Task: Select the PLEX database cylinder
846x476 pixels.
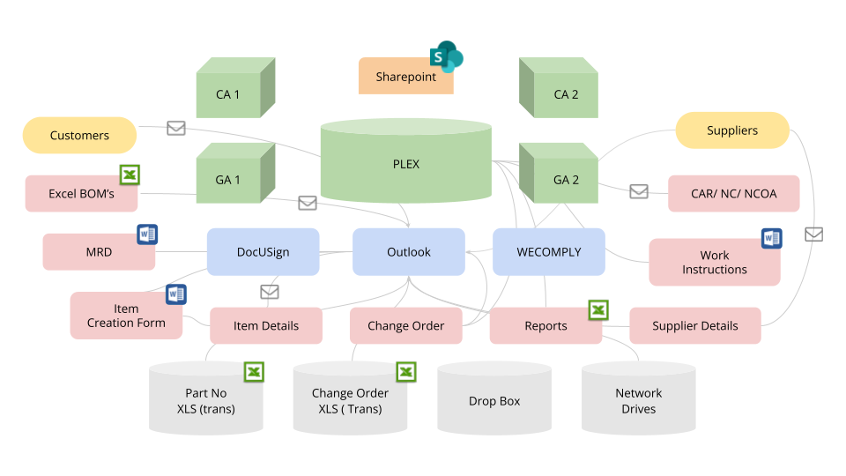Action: [405, 164]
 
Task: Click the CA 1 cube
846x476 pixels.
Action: [228, 94]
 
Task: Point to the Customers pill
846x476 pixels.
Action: [79, 136]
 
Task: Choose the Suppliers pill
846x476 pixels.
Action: [732, 130]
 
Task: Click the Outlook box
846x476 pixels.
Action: [409, 252]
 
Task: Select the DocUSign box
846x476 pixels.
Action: [263, 252]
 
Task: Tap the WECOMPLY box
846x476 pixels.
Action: [548, 252]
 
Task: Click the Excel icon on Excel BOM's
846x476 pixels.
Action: [130, 175]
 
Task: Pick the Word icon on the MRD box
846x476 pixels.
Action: [147, 234]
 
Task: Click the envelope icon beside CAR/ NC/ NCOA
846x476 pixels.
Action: [639, 191]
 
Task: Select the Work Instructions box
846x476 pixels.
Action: [714, 263]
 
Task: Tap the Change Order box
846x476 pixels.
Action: [405, 326]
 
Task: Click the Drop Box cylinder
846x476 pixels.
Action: [494, 401]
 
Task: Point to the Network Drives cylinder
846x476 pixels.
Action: [638, 401]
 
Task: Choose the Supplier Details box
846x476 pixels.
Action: [695, 326]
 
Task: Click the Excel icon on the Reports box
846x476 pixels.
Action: [598, 309]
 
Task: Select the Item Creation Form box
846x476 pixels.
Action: [126, 316]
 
